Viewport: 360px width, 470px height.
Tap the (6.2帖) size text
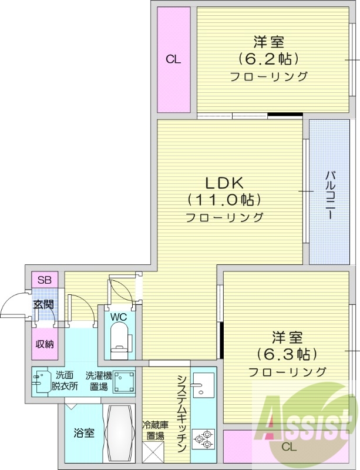(269, 59)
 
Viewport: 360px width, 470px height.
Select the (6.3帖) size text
(287, 354)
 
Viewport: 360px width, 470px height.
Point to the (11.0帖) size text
(224, 200)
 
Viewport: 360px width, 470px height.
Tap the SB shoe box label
(44, 280)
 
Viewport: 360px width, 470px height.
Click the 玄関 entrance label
(43, 304)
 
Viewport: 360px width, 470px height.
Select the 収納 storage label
(44, 344)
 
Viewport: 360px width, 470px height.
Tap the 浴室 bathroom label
(83, 434)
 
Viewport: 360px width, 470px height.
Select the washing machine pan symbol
(124, 381)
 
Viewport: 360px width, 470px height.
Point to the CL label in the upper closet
(173, 59)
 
